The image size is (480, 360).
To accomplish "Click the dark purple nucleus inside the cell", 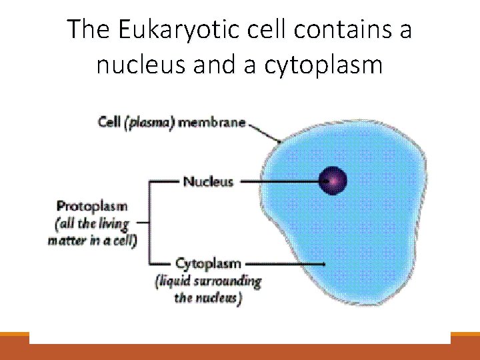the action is tap(333, 180).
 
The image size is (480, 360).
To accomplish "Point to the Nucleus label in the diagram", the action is tap(208, 181).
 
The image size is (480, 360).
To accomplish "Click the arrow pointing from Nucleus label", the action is tap(280, 181).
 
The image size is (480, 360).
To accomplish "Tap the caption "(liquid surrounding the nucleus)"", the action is tap(207, 289).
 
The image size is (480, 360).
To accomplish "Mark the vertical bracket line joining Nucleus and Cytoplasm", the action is tap(149, 222).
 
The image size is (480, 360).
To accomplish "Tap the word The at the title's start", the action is tap(83, 30).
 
